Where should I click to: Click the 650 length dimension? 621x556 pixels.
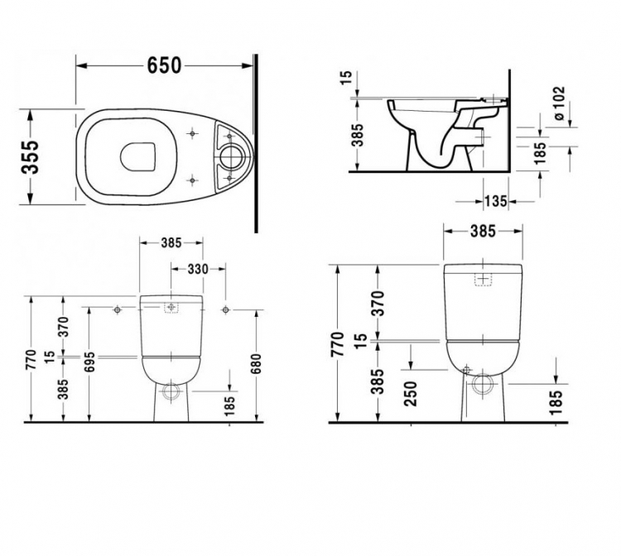tap(164, 65)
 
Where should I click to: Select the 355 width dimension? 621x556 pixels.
tap(31, 156)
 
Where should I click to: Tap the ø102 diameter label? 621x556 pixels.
tap(559, 103)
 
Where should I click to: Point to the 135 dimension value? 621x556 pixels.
tap(496, 201)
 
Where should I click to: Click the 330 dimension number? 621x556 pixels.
tap(198, 269)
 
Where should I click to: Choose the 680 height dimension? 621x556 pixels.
tap(257, 364)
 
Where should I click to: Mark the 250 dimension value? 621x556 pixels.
tap(411, 394)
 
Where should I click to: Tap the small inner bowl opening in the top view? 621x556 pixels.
tap(137, 156)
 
